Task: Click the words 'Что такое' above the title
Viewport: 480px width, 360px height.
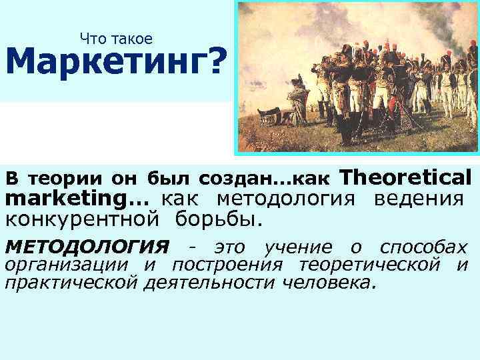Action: click(x=116, y=39)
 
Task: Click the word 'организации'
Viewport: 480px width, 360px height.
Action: click(x=67, y=265)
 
